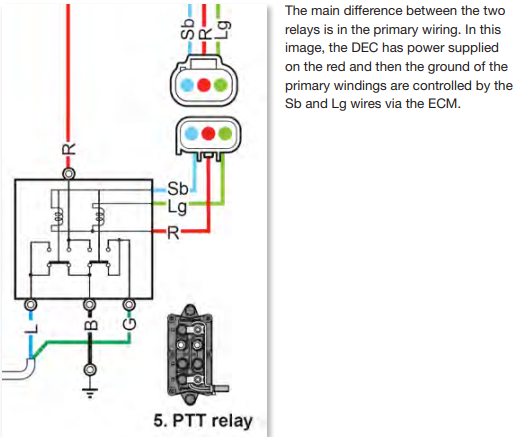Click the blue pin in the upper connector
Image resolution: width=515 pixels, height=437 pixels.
click(x=187, y=85)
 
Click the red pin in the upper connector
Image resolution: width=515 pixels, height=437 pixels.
click(x=204, y=85)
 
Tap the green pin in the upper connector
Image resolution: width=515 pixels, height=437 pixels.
click(x=220, y=85)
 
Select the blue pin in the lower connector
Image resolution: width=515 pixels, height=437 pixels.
click(x=192, y=134)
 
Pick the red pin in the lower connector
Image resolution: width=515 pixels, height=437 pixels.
click(x=208, y=134)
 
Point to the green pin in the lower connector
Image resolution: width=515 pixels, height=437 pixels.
click(x=225, y=134)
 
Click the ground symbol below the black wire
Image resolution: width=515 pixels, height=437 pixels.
click(x=90, y=393)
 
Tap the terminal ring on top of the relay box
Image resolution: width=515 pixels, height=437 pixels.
click(x=68, y=174)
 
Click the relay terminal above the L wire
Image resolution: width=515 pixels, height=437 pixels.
click(x=31, y=304)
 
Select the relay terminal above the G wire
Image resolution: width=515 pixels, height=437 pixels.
click(x=129, y=304)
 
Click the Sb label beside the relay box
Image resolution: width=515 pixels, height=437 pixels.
click(x=178, y=189)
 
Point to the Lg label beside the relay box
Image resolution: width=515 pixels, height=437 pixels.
click(x=177, y=207)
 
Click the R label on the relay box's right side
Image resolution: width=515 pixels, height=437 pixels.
click(x=173, y=233)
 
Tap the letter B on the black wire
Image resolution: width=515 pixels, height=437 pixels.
click(x=90, y=324)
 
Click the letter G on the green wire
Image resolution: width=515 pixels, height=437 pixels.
click(x=129, y=324)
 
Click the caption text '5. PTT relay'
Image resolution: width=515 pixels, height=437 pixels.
click(x=203, y=421)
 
